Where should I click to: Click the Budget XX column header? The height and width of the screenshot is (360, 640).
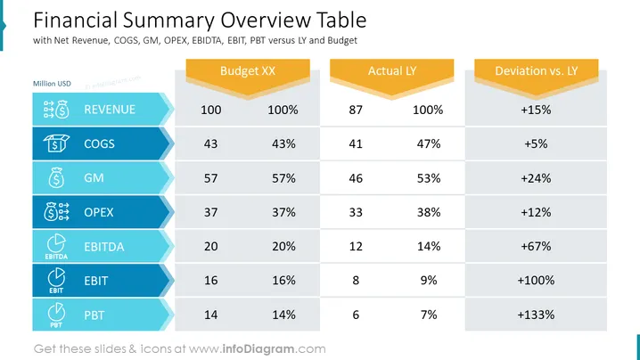(248, 71)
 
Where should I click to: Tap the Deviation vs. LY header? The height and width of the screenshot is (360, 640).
(537, 71)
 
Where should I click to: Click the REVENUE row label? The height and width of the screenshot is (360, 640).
(110, 110)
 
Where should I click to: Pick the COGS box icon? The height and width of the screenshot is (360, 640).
(56, 143)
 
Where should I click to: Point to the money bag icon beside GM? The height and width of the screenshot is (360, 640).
(56, 177)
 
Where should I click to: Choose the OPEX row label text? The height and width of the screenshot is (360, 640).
(98, 212)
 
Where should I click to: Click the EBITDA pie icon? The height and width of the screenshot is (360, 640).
(56, 243)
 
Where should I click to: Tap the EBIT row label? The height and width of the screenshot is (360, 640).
(96, 281)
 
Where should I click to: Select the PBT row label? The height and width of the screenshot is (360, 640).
(94, 315)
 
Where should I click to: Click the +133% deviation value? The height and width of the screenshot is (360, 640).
(536, 315)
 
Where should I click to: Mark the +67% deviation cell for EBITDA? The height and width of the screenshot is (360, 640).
(536, 246)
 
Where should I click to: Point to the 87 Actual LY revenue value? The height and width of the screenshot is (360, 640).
(356, 110)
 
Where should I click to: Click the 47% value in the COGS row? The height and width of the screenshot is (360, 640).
(429, 143)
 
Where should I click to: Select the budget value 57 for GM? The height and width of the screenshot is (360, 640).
(210, 178)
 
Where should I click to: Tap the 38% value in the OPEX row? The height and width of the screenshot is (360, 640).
(429, 212)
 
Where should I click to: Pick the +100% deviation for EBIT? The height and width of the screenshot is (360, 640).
(536, 281)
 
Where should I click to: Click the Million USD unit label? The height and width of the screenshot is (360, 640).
(52, 84)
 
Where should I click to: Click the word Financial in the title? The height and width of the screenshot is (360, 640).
(76, 20)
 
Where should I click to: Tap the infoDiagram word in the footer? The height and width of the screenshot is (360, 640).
(258, 349)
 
